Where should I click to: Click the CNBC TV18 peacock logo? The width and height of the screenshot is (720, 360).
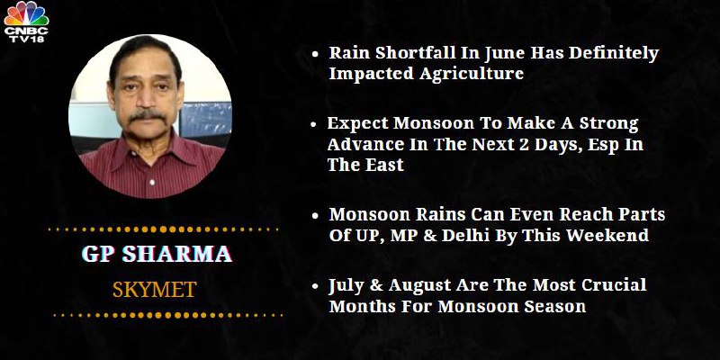coord(26,22)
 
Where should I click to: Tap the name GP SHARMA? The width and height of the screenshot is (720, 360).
coord(157,254)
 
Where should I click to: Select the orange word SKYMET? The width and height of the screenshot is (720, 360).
coord(155,290)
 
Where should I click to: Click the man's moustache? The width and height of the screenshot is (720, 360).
coord(148,115)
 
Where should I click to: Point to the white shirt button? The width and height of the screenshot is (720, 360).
coord(150,182)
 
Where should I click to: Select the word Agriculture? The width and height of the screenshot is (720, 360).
coord(472,74)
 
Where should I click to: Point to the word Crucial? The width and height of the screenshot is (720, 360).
coord(614,285)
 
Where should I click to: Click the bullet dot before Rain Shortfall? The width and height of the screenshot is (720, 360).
coord(315,54)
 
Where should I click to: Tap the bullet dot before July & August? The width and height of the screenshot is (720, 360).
coord(315,286)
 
